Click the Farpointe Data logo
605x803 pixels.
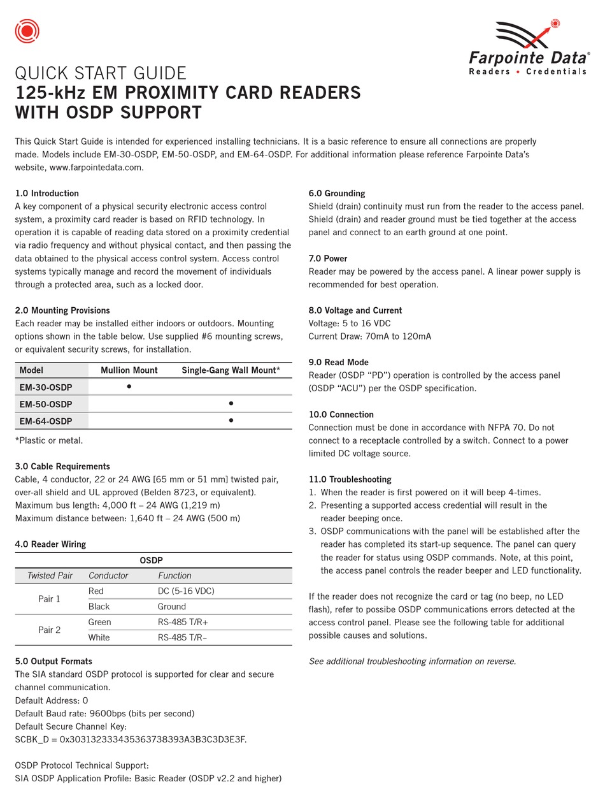[527, 48]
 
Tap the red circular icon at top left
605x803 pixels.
[27, 31]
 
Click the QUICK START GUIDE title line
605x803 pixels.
[101, 73]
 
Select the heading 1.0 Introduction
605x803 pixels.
[46, 193]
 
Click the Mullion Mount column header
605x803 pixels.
[129, 370]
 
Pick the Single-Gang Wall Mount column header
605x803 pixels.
[231, 370]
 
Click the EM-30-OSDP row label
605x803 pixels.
[46, 387]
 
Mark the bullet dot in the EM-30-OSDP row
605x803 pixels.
[129, 386]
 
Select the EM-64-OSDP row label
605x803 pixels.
[46, 421]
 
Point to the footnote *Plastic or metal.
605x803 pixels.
[48, 440]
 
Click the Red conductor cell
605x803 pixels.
[96, 591]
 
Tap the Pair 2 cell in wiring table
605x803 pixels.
[49, 630]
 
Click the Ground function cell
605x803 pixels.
[172, 607]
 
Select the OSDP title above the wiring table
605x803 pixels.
[152, 560]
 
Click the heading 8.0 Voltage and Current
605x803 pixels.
[355, 310]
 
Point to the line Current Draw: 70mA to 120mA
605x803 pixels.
[369, 336]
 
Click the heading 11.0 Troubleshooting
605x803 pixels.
[350, 479]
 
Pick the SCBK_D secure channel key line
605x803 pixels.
[131, 739]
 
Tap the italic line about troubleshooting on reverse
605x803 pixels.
[412, 662]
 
